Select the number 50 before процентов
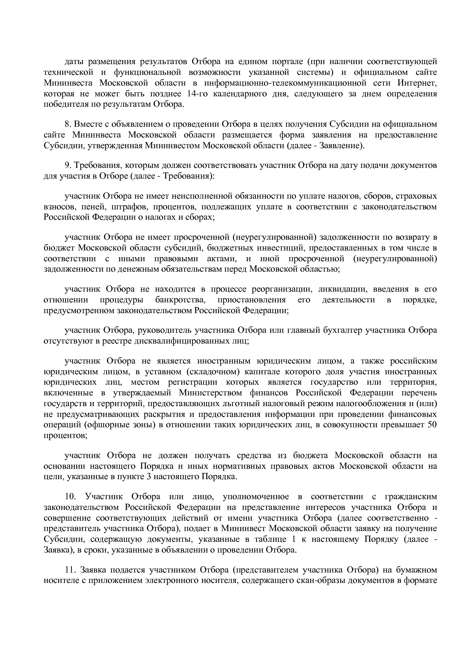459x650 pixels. (432, 425)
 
